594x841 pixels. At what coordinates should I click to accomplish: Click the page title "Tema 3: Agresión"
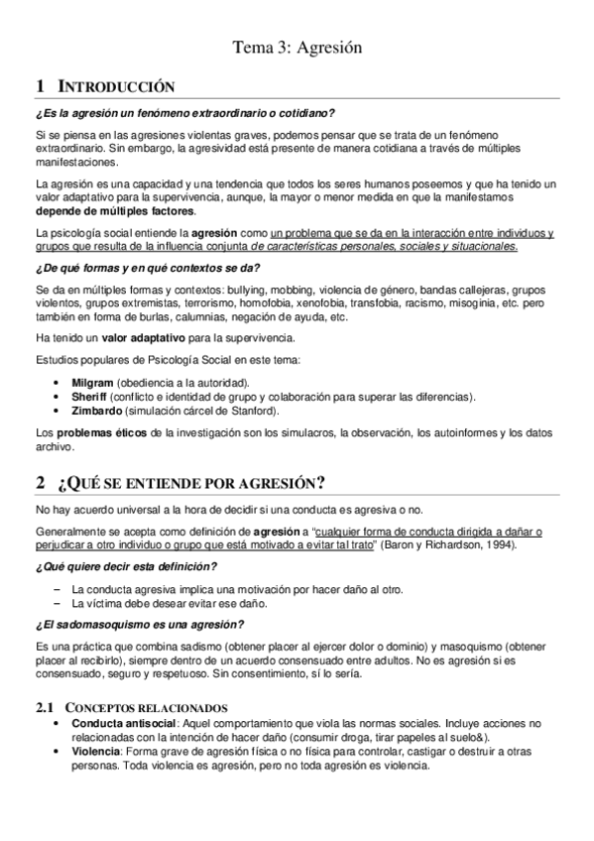[297, 47]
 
